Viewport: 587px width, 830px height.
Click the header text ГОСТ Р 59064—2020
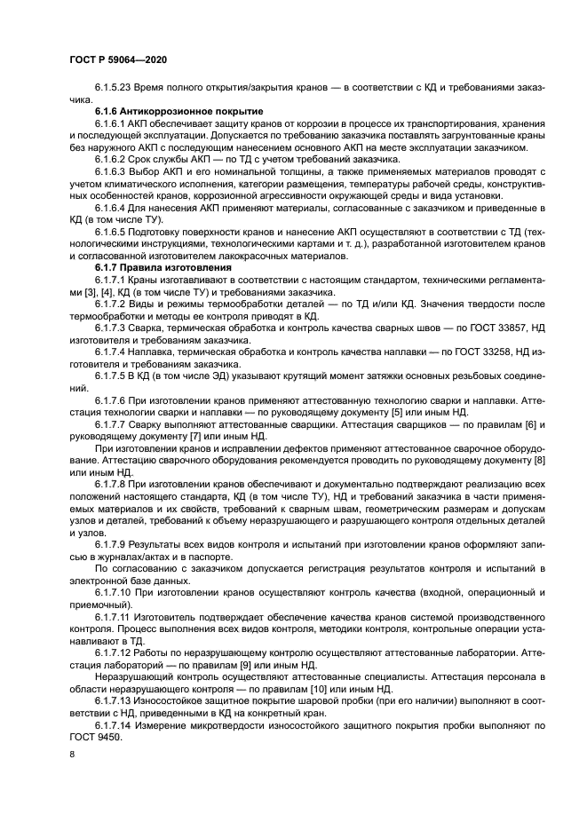point(117,59)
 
